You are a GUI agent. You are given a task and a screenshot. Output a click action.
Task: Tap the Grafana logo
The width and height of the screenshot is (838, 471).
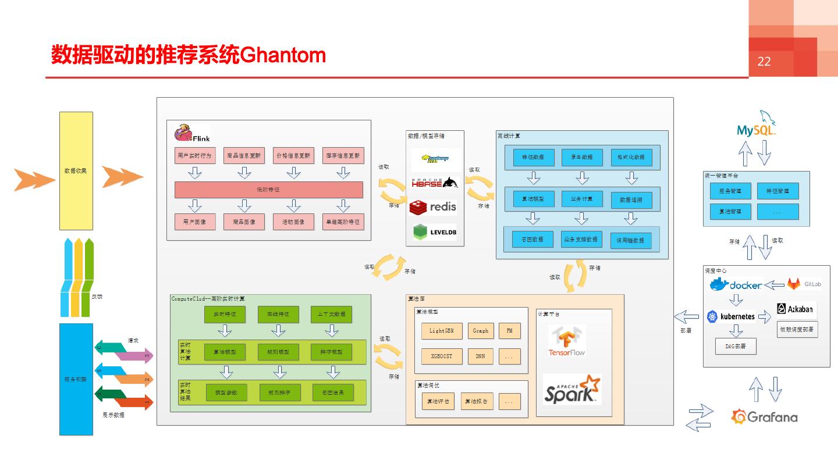[765, 416]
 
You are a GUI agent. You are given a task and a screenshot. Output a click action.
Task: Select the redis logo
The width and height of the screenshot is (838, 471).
[433, 207]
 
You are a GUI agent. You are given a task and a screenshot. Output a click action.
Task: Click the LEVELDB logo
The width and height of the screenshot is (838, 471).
[434, 232]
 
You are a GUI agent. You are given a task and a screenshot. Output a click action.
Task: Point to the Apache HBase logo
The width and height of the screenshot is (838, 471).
[434, 183]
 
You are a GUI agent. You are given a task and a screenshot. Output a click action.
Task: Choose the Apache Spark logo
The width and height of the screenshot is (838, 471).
[571, 390]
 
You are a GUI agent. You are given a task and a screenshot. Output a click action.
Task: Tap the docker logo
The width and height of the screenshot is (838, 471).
[736, 285]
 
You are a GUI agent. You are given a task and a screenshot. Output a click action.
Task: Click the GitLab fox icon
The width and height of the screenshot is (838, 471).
[794, 284]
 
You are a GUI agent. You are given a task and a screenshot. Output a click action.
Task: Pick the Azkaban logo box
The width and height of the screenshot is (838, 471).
[796, 309]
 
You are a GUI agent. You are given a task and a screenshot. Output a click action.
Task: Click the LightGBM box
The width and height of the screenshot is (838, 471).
[441, 331]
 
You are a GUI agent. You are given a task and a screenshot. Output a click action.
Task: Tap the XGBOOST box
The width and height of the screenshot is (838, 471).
[441, 356]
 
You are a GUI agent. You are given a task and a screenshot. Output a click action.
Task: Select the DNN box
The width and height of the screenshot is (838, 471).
[480, 356]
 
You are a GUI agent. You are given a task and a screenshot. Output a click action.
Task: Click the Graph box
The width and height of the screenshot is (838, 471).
[480, 331]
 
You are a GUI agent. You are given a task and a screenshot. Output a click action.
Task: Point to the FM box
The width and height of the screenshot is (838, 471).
[509, 331]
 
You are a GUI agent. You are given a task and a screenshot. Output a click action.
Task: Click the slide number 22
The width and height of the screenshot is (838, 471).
[764, 62]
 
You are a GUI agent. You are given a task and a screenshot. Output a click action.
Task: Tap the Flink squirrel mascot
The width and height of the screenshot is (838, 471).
[184, 133]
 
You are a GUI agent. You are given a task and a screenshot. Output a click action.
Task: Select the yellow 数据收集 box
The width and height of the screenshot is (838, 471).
[76, 171]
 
